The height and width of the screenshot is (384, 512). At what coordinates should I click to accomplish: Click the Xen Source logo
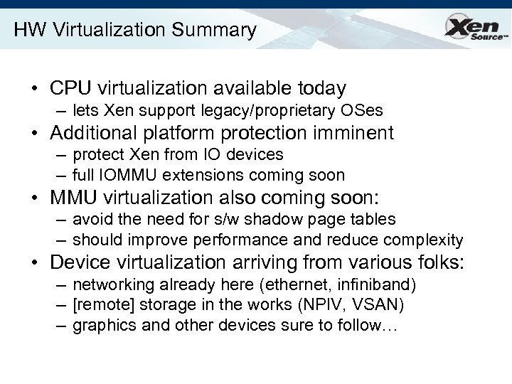472,29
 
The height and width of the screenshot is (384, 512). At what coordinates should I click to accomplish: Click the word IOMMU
132,175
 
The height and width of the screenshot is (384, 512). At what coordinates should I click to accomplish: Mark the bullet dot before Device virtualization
35,262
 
